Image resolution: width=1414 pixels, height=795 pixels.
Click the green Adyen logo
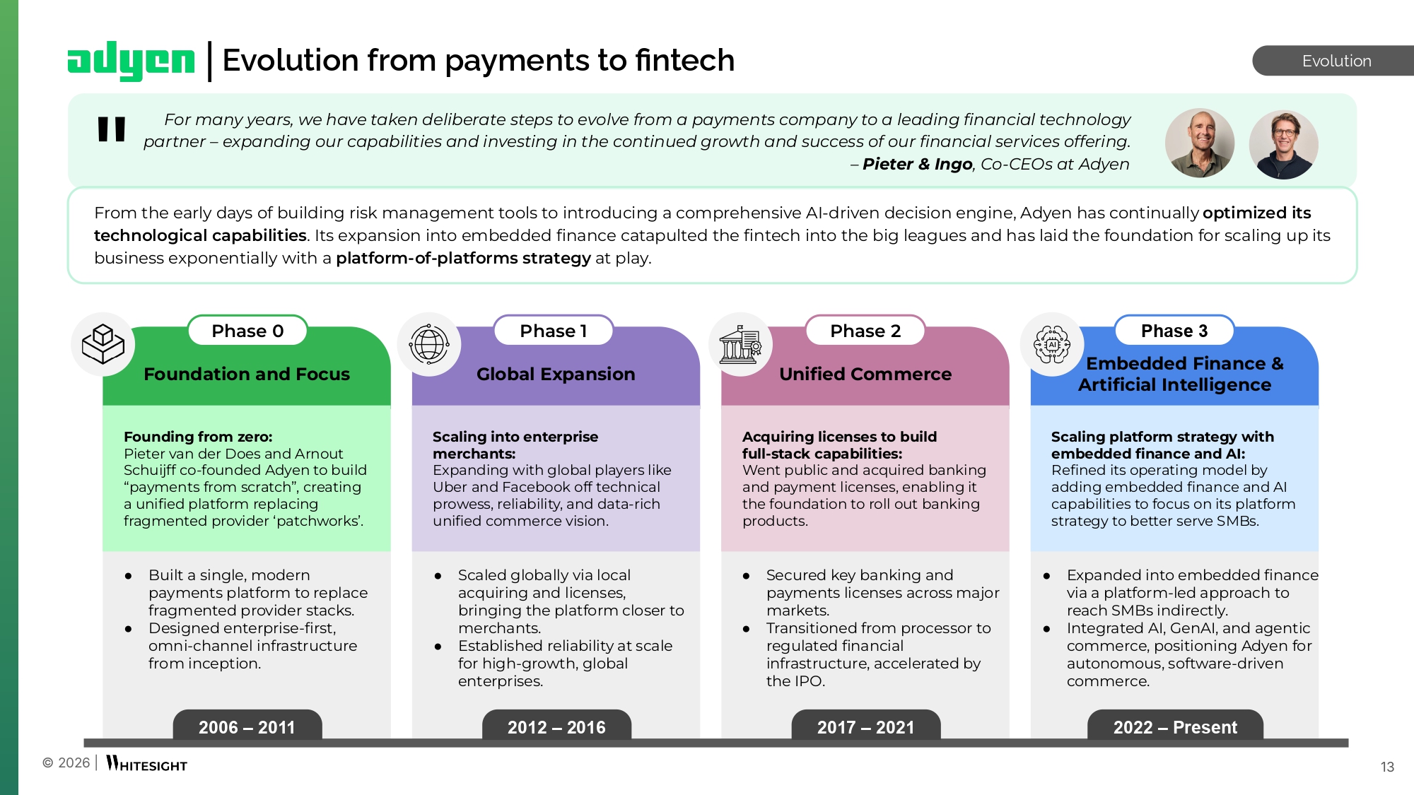pyautogui.click(x=131, y=61)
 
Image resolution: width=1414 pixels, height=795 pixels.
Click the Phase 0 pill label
pyautogui.click(x=247, y=331)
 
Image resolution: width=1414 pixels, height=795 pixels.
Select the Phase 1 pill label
pyautogui.click(x=554, y=331)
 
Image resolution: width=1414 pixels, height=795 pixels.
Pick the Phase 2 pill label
pyautogui.click(x=865, y=331)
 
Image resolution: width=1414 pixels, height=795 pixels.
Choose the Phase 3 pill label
pyautogui.click(x=1174, y=331)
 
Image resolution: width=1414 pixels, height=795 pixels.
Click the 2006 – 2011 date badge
pyautogui.click(x=247, y=726)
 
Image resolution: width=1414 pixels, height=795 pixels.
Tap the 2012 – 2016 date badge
pyautogui.click(x=556, y=726)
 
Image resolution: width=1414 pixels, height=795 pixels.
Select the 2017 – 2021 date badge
pyautogui.click(x=865, y=726)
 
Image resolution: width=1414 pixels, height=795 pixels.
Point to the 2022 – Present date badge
pyautogui.click(x=1175, y=726)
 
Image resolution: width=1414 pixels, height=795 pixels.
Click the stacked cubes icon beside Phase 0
pyautogui.click(x=103, y=344)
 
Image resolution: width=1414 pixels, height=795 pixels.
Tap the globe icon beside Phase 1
pyautogui.click(x=429, y=344)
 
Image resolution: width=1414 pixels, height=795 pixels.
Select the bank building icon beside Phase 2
pyautogui.click(x=740, y=344)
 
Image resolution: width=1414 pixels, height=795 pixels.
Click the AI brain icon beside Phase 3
pyautogui.click(x=1052, y=344)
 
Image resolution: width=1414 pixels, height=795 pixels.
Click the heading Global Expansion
pyautogui.click(x=556, y=374)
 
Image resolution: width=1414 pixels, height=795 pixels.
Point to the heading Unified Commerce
pyautogui.click(x=865, y=374)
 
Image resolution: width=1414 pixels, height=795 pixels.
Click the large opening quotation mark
pyautogui.click(x=112, y=129)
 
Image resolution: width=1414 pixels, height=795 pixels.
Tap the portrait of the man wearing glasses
pyautogui.click(x=1283, y=144)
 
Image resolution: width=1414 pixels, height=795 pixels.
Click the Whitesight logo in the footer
pyautogui.click(x=146, y=764)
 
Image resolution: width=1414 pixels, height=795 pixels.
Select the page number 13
pyautogui.click(x=1387, y=767)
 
